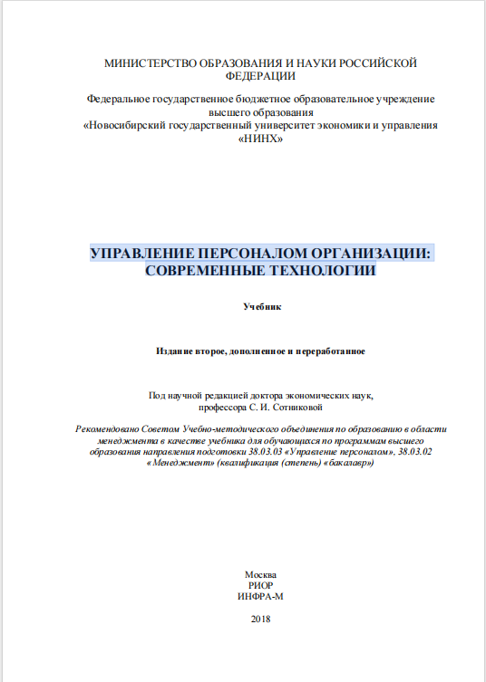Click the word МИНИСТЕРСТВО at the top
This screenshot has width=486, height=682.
[148, 63]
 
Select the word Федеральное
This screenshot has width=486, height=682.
[120, 98]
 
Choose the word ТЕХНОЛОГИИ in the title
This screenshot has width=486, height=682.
[317, 270]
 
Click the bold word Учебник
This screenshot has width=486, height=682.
[262, 307]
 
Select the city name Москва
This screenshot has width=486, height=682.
[260, 574]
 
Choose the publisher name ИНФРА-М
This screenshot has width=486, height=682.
[260, 596]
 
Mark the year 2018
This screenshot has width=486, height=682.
[260, 619]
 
